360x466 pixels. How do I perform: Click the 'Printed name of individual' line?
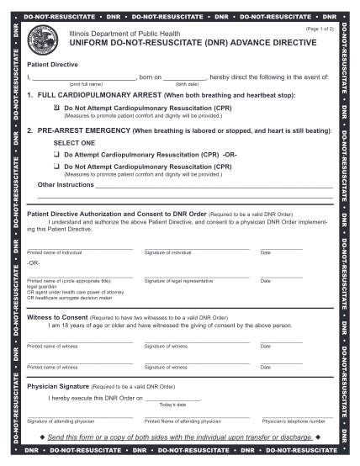coord(79,248)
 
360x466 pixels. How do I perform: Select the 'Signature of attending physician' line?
coord(79,416)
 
